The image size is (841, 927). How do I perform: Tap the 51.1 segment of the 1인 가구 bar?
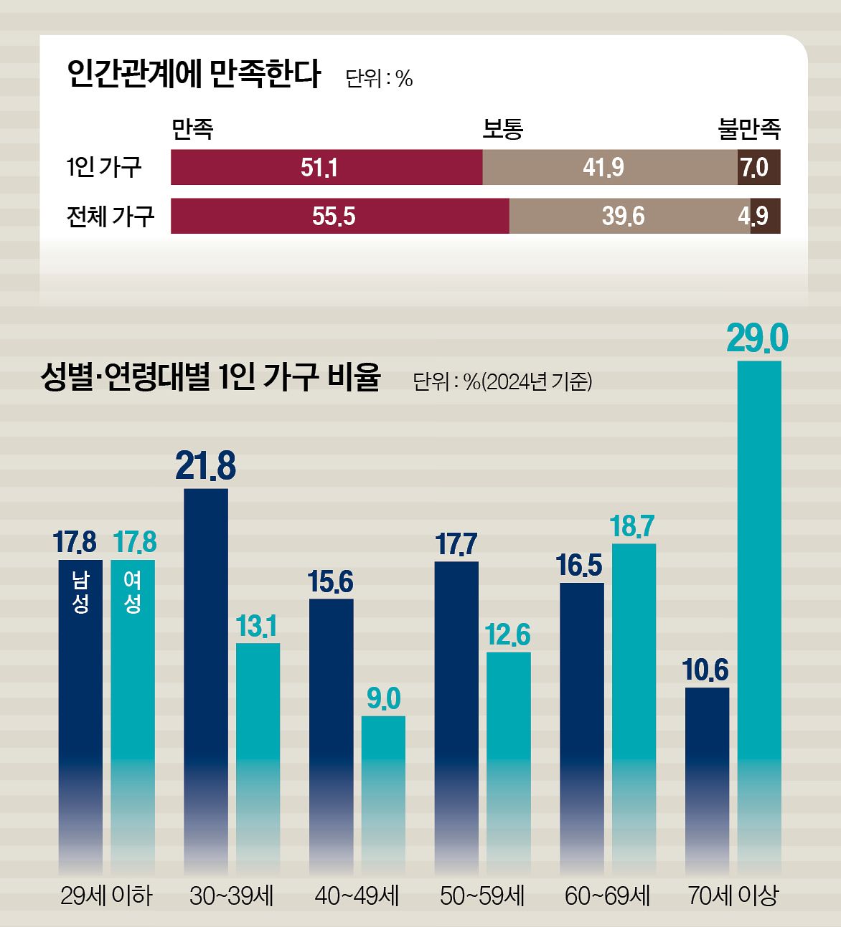pos(326,168)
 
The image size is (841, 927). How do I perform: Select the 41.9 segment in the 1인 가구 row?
pos(610,168)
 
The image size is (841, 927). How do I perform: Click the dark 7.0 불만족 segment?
pos(758,168)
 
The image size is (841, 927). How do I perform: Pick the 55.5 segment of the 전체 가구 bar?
pos(339,216)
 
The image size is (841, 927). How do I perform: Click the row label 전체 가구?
pos(110,216)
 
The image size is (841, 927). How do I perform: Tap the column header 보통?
pos(502,129)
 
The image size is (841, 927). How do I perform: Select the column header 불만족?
pos(749,129)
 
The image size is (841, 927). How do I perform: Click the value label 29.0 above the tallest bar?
pos(758,338)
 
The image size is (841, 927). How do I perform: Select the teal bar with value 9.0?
pos(383,789)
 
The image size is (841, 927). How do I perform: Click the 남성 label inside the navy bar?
pos(80,592)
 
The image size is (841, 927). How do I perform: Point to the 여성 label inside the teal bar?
pos(132,592)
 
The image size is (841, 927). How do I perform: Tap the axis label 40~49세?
pos(357,895)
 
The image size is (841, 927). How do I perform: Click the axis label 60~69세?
pos(607,895)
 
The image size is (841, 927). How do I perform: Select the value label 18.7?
pos(632,527)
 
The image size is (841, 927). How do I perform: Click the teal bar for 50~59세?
pos(509,760)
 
